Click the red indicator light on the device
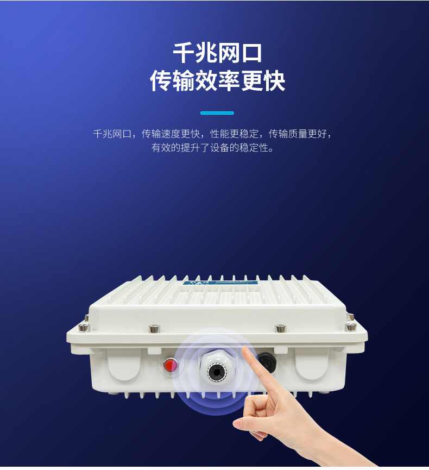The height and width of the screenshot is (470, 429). click(x=171, y=365)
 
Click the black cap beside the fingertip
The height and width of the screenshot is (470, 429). click(x=267, y=362)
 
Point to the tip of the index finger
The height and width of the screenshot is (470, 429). click(x=245, y=349)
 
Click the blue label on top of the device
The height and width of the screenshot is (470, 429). click(x=219, y=283)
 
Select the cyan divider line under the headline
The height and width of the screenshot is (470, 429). click(x=217, y=113)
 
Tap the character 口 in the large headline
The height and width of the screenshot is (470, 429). click(x=251, y=53)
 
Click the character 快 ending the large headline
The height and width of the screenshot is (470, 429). click(x=274, y=80)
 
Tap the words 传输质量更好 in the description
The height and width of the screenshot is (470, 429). click(x=298, y=134)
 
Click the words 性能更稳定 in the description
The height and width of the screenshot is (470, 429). click(x=234, y=134)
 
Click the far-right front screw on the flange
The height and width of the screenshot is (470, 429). click(x=351, y=326)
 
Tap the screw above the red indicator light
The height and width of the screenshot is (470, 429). click(x=154, y=328)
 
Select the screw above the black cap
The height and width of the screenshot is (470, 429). click(x=280, y=328)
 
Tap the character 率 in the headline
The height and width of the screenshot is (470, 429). click(x=229, y=80)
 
